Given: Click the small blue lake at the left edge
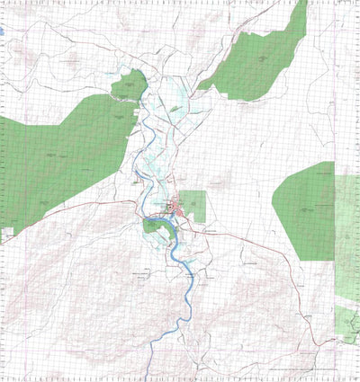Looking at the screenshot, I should [3, 34].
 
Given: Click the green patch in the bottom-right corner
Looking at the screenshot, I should [346, 324].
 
